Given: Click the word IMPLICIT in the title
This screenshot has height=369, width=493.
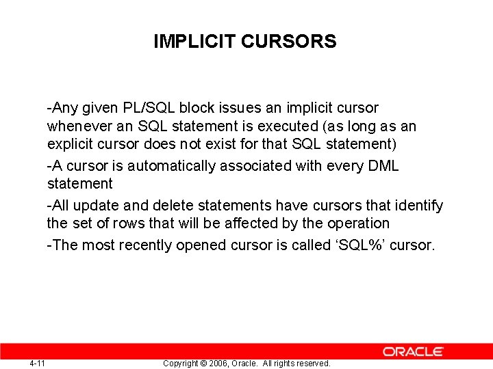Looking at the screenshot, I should pyautogui.click(x=195, y=42).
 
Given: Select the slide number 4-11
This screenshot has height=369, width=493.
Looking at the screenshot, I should pyautogui.click(x=38, y=363).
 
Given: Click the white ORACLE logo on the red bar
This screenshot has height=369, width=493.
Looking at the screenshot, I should pyautogui.click(x=413, y=351).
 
